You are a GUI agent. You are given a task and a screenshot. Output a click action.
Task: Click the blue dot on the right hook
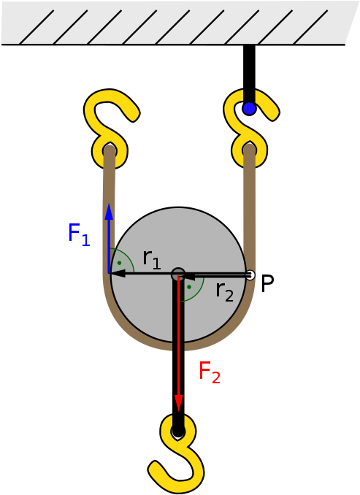point(249,108)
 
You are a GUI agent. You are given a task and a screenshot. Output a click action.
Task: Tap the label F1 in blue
point(78,234)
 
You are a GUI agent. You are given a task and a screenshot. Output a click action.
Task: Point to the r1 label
point(152,258)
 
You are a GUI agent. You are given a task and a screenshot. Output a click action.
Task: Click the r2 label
point(224,291)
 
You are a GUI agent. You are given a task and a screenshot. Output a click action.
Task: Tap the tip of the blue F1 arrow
point(109,207)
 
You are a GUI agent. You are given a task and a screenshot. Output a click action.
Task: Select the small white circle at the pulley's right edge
point(250,275)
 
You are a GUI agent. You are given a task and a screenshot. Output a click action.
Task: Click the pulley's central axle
point(178,275)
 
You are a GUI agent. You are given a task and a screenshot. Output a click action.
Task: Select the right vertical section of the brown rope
point(249,204)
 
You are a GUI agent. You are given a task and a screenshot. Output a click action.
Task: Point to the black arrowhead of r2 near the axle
point(188,276)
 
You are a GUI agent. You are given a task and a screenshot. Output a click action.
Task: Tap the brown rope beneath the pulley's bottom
point(178,346)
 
